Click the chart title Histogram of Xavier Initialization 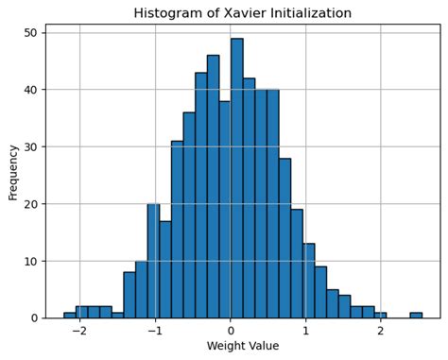click(x=242, y=13)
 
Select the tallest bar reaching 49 click(x=236, y=180)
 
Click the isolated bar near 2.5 click(x=416, y=315)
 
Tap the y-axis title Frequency click(x=13, y=171)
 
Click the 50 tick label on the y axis click(x=30, y=33)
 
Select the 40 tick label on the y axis click(x=30, y=90)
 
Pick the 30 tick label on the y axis click(x=30, y=146)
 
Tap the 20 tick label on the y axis click(x=30, y=204)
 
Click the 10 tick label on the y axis click(x=30, y=261)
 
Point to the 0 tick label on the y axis click(x=34, y=318)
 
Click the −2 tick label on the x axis click(x=78, y=332)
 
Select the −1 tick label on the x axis click(x=154, y=332)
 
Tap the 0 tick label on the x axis click(x=231, y=332)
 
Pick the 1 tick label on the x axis click(x=305, y=332)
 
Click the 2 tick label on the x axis click(x=380, y=332)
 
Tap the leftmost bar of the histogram click(x=70, y=315)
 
